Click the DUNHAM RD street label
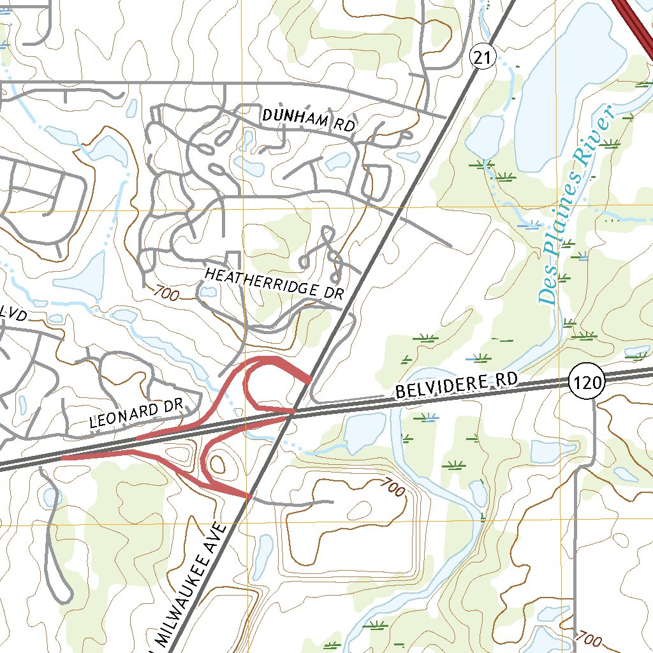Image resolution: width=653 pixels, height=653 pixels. (x=308, y=121)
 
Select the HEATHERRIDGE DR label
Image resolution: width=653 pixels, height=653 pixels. (x=274, y=284)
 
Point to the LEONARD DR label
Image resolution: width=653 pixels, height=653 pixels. (x=136, y=414)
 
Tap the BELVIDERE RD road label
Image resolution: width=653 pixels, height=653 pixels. (x=455, y=386)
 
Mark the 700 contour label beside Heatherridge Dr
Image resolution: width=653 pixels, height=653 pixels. (x=165, y=293)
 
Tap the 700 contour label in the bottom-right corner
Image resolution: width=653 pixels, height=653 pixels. (x=587, y=638)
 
